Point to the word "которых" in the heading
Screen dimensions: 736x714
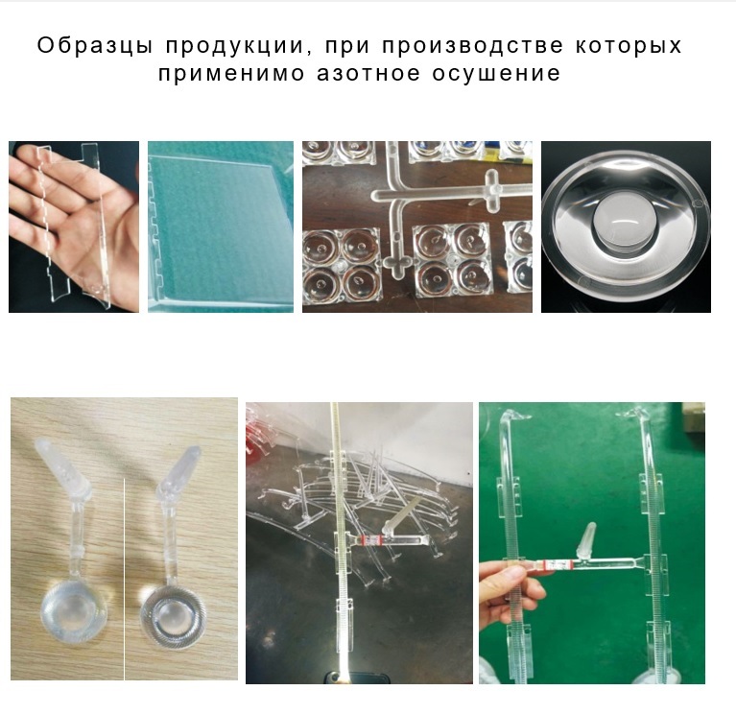pyautogui.click(x=629, y=46)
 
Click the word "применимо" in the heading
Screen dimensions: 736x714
pyautogui.click(x=231, y=74)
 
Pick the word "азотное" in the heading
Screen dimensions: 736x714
pyautogui.click(x=368, y=74)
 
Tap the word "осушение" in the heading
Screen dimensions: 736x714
pyautogui.click(x=496, y=74)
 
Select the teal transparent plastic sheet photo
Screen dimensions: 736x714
pyautogui.click(x=221, y=226)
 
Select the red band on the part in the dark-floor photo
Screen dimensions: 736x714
pyautogui.click(x=370, y=539)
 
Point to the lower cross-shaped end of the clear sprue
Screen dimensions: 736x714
pyautogui.click(x=397, y=264)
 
